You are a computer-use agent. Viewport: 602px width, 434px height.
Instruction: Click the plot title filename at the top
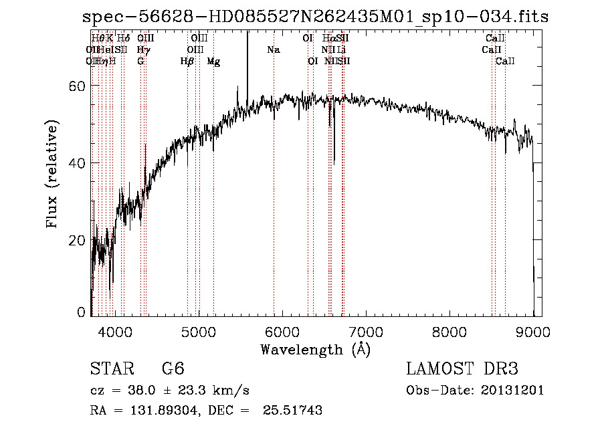tap(312, 17)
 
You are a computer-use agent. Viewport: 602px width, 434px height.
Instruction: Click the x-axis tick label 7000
tap(366, 331)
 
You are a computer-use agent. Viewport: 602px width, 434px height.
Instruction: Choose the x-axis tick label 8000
tap(449, 331)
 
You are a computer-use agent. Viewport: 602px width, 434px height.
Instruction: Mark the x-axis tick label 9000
tap(533, 331)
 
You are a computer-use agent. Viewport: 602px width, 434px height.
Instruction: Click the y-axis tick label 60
tap(77, 86)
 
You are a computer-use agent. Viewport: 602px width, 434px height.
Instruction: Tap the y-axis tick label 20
tap(77, 240)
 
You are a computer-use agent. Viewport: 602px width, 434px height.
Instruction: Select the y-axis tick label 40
tap(77, 163)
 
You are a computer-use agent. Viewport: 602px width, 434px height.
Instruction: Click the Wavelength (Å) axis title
tap(315, 349)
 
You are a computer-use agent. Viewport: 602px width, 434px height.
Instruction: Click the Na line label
tap(273, 49)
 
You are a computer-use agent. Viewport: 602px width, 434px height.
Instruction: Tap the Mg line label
tap(213, 62)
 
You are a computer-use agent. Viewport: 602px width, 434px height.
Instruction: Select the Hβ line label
tap(187, 62)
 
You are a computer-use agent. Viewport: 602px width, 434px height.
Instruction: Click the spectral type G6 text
tap(173, 369)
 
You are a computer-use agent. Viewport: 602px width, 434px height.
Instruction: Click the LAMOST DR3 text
tap(462, 369)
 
